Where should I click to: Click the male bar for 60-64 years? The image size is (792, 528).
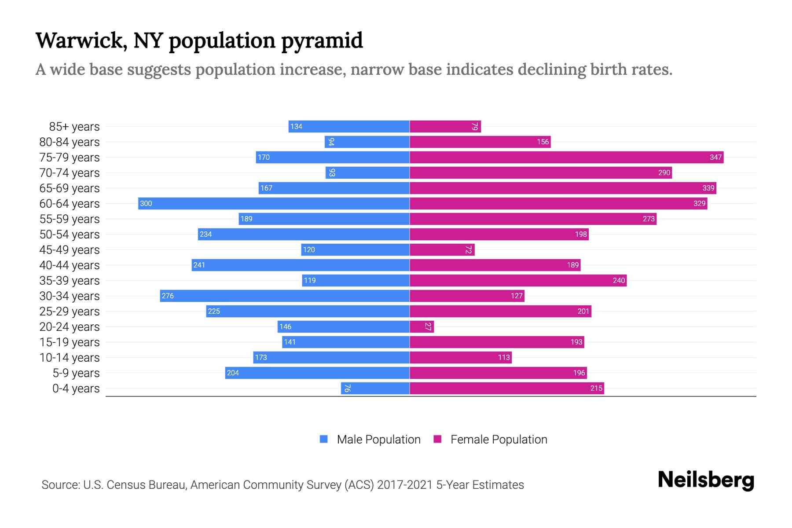coord(274,203)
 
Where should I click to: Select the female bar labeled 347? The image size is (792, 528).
coord(566,157)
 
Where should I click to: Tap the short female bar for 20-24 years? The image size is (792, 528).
coord(421,326)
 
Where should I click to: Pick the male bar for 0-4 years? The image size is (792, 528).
coord(375,388)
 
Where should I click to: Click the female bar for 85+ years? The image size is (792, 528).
coord(445,126)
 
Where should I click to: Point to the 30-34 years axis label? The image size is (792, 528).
coord(70,296)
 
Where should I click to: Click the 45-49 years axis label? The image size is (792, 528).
coord(70,250)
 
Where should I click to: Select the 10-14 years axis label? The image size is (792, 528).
coord(70,358)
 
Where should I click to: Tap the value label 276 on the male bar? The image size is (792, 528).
coord(168,296)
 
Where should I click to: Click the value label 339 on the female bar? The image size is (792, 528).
coord(708,188)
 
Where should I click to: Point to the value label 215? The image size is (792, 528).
coord(596,388)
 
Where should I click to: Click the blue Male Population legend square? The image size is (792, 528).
coord(324,439)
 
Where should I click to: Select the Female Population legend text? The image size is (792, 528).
coord(499,439)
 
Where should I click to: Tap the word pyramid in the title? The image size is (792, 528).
coord(322,40)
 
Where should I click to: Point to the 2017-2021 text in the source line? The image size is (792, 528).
coord(405,485)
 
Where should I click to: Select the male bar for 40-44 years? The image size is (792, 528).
coord(301,265)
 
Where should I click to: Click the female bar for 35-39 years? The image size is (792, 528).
coord(518,280)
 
